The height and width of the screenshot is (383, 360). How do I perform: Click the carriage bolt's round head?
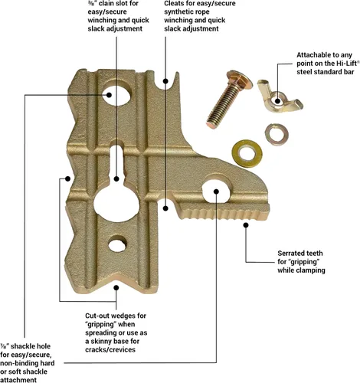(x=240, y=79)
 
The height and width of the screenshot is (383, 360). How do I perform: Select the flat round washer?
(x=247, y=153)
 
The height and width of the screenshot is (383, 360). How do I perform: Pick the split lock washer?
(x=277, y=135)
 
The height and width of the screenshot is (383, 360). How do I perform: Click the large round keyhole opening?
(x=116, y=204)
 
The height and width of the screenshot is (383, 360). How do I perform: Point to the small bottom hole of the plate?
(x=117, y=244)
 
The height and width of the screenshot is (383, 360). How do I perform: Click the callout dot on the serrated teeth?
(x=246, y=225)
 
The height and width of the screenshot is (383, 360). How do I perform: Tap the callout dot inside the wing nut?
(x=278, y=100)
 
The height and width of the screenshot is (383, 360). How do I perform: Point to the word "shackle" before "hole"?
(x=23, y=346)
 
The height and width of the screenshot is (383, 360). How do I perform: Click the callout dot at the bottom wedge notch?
(x=116, y=288)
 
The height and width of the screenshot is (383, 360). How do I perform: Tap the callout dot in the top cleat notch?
(x=165, y=81)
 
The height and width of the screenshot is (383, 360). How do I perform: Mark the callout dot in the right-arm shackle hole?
(x=216, y=191)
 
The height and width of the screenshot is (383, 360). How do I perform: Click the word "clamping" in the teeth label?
(x=310, y=270)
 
